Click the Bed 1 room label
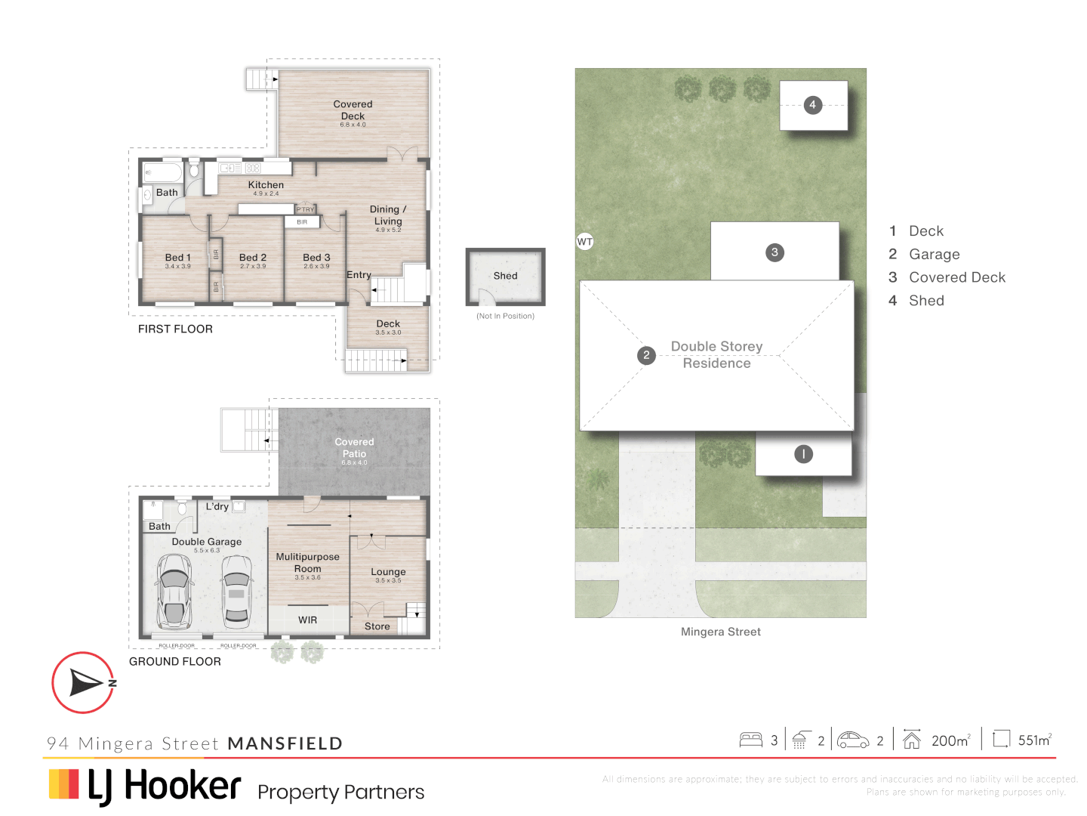177,258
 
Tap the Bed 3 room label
316,258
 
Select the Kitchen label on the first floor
266,185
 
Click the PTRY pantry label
305,209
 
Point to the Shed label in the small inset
505,276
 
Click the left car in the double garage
174,591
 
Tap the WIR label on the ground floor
307,620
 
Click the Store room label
377,626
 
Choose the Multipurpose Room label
307,563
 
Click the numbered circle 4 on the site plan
812,105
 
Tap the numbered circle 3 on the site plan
774,252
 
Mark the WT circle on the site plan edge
585,242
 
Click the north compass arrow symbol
85,682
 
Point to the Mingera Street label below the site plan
720,632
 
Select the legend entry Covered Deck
956,277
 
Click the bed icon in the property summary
750,740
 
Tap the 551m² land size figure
1034,740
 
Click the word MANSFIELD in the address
285,743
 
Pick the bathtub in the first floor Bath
163,172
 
